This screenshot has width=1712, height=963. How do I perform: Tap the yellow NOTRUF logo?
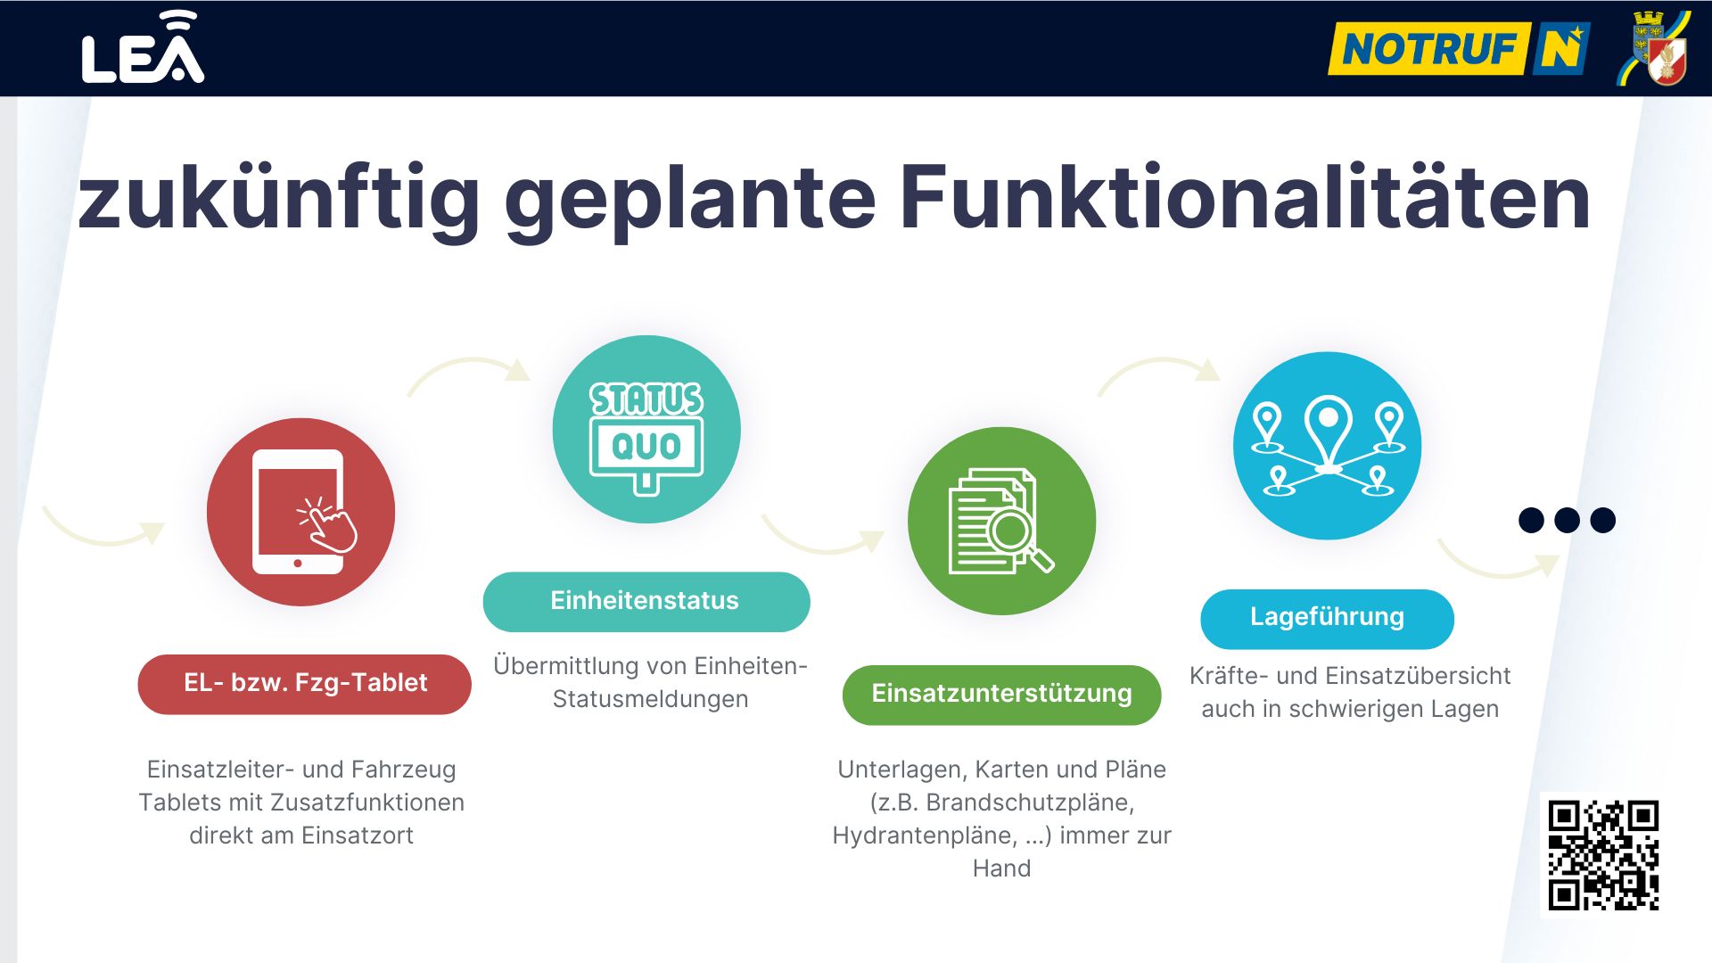[x=1459, y=48]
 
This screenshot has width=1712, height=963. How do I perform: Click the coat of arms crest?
[x=1655, y=48]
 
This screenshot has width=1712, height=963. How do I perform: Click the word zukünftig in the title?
[x=279, y=201]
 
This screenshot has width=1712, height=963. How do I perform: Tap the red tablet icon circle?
[x=301, y=512]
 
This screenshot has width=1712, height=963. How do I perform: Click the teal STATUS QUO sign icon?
[x=646, y=429]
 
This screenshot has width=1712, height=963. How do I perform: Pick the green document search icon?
[x=1001, y=521]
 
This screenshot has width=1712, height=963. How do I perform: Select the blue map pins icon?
[x=1328, y=446]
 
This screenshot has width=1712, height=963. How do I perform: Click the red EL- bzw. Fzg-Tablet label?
[x=305, y=684]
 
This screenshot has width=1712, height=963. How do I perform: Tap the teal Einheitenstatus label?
[x=646, y=602]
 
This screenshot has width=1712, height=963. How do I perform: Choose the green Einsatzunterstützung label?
[x=1001, y=695]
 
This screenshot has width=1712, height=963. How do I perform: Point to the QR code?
[x=1603, y=855]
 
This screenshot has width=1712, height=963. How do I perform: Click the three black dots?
[x=1567, y=520]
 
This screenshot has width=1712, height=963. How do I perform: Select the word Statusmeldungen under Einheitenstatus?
[x=650, y=699]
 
